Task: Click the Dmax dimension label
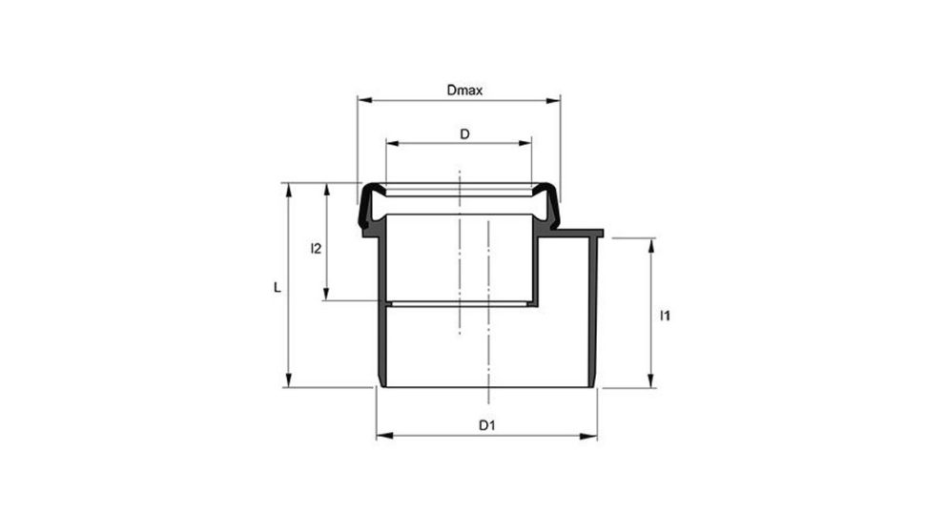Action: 465,91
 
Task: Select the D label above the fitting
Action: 464,134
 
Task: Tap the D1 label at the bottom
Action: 486,424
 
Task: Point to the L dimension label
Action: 277,286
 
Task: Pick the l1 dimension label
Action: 665,316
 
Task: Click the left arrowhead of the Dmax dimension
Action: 362,97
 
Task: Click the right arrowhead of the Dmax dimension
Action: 555,97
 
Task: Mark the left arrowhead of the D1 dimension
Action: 381,436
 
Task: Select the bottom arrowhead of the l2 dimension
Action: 327,296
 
